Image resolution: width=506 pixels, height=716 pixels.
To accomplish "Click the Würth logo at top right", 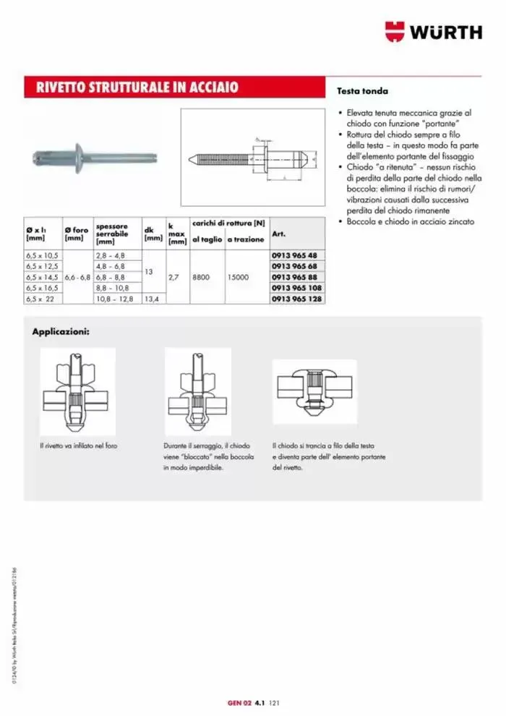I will point(433,32).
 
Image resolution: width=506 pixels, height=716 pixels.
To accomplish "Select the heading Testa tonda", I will point(362,92).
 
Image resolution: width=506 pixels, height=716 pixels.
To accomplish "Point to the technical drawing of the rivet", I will point(253,156).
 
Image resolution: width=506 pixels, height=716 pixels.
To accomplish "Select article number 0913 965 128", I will point(299,298).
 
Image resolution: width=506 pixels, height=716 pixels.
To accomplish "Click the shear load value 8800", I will point(202,277).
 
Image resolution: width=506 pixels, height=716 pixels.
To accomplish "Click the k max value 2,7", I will point(174,277).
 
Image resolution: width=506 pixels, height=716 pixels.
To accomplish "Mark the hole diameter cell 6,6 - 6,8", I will point(77,277).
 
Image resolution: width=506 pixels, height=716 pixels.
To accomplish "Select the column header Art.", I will point(278,234).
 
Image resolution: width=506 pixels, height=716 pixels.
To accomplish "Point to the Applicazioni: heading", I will point(61,332).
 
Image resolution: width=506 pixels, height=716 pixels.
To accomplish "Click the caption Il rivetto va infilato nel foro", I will point(78,446).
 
